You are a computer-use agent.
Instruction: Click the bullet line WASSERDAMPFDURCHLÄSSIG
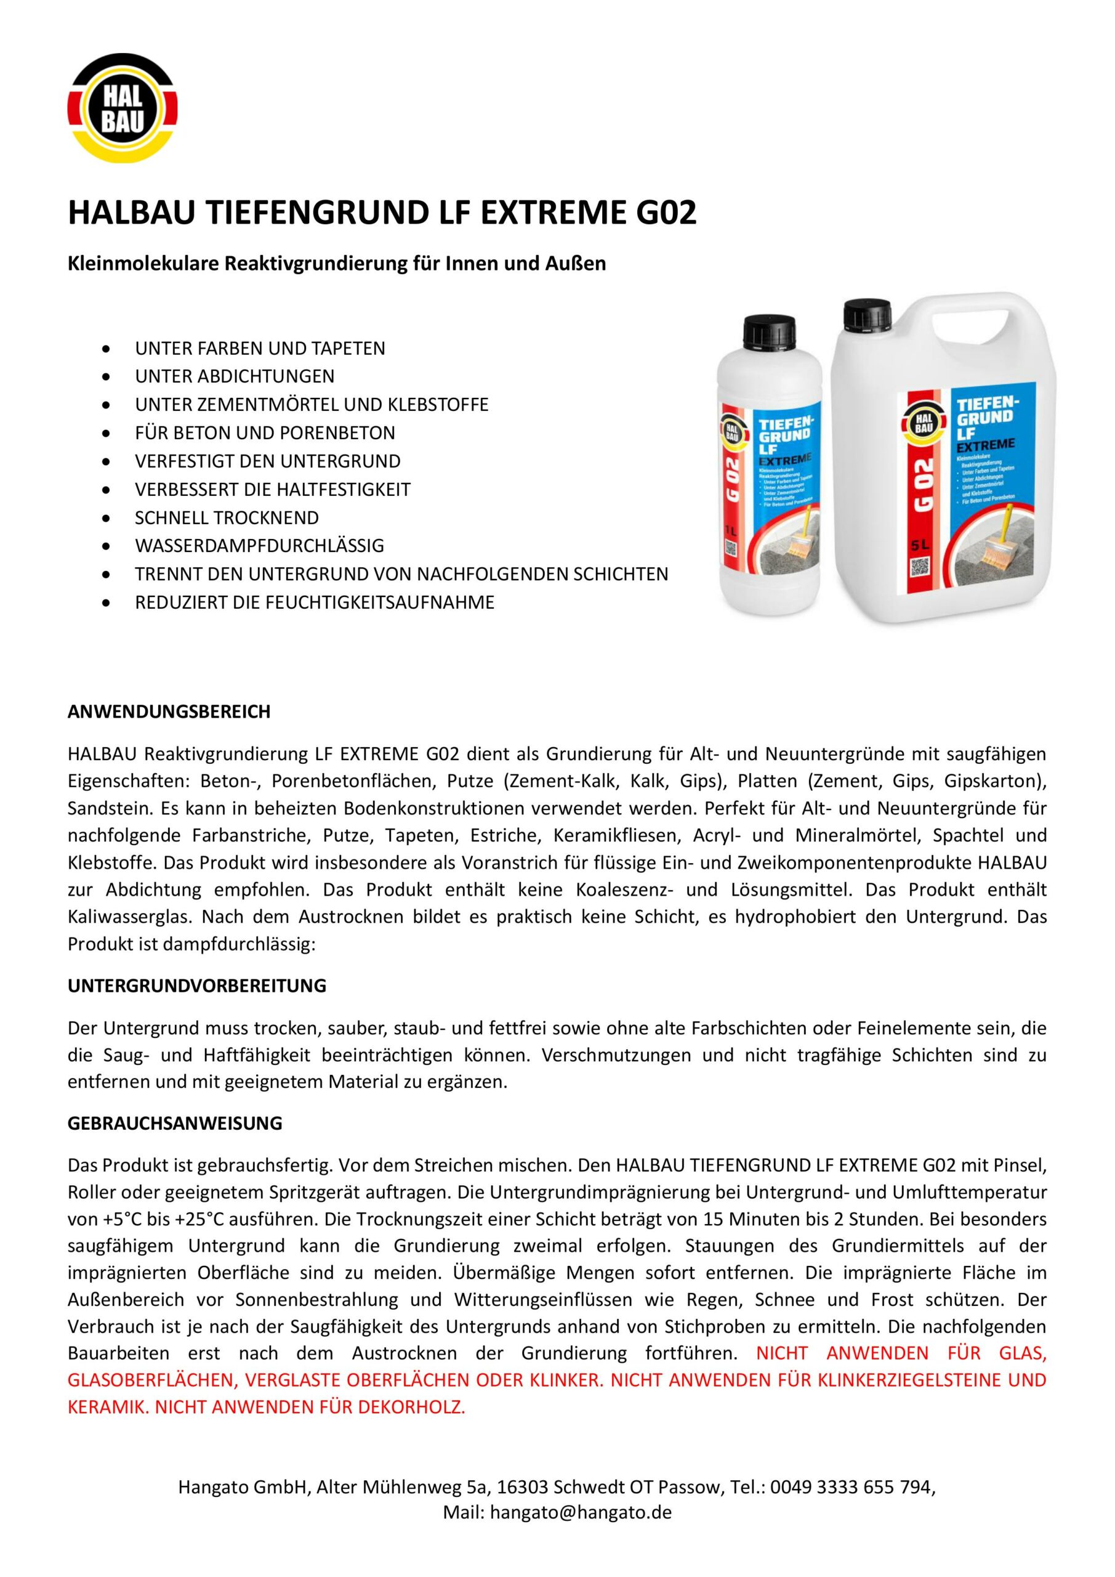pyautogui.click(x=260, y=546)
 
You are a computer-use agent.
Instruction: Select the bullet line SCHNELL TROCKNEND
pyautogui.click(x=227, y=518)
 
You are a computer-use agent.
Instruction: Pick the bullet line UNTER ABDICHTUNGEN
pyautogui.click(x=235, y=376)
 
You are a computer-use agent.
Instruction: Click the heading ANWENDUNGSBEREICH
pyautogui.click(x=169, y=711)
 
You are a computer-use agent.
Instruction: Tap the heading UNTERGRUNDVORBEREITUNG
pyautogui.click(x=197, y=986)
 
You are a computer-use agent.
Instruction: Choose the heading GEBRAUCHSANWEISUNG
pyautogui.click(x=175, y=1124)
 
